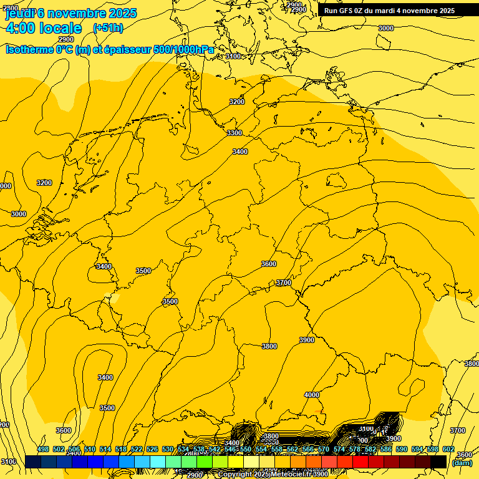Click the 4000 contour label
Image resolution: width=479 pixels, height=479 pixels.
point(311,395)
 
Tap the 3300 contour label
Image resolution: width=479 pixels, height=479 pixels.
point(234,133)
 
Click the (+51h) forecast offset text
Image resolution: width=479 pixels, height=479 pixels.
point(108,27)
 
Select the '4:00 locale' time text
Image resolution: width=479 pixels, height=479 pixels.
point(43,28)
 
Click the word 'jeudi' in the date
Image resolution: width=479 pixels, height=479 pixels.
point(19,12)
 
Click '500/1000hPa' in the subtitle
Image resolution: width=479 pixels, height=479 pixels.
point(183,49)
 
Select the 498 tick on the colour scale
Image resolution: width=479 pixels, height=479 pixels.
point(43,449)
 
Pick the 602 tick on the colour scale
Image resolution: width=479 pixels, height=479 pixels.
point(448,449)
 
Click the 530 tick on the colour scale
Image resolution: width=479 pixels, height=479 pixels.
point(168,449)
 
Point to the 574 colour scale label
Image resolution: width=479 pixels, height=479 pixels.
point(339,449)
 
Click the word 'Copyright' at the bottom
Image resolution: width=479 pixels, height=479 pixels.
point(235,475)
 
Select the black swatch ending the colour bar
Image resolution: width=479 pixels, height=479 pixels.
point(438,462)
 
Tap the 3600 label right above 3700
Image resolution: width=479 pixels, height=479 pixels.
point(268,264)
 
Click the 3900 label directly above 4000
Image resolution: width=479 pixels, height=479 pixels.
point(307,340)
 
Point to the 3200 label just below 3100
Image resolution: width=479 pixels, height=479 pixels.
point(237,101)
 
